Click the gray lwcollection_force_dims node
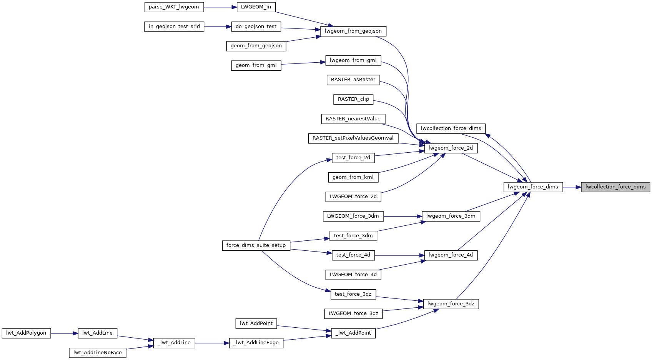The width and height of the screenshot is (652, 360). pos(615,187)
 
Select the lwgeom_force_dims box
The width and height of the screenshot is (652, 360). pos(533,187)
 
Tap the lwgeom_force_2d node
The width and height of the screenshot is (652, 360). pos(451,148)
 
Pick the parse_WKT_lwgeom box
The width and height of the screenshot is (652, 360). pos(174,7)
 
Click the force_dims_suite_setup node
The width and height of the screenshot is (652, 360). pos(256,245)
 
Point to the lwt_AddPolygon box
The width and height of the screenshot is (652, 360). pos(26,333)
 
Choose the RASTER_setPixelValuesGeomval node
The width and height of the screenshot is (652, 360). pos(353,138)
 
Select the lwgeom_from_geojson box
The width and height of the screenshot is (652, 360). pos(353,31)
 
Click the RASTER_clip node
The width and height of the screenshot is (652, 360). pos(353,99)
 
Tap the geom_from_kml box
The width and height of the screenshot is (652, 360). pos(353,177)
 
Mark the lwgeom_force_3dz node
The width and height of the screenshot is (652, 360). pos(451,304)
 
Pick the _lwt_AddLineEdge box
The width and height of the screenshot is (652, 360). pos(256,343)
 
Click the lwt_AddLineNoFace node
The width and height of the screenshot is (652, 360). pos(98,353)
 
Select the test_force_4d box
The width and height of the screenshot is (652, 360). pos(353,255)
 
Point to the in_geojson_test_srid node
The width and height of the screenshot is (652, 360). pos(174,27)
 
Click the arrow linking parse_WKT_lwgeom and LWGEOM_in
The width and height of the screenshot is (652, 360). pos(220,7)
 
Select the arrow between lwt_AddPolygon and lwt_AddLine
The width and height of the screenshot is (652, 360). pos(64,333)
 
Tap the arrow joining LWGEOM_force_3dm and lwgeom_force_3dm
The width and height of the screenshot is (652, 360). pos(403,217)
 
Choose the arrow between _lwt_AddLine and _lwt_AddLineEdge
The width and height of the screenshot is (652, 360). pos(212,343)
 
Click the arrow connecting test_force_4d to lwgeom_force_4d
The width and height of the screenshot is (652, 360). pos(400,255)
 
